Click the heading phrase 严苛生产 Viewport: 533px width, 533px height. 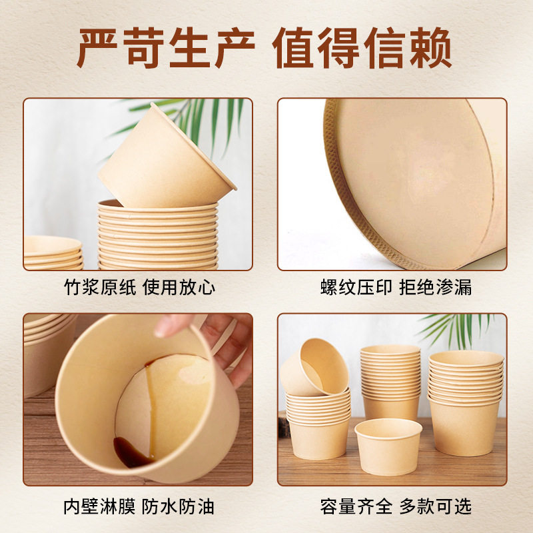click(167, 48)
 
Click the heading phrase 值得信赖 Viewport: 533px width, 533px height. click(363, 48)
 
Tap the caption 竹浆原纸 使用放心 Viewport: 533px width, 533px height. click(138, 288)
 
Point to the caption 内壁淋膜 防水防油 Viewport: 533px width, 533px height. click(138, 506)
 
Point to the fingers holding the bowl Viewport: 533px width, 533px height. click(220, 333)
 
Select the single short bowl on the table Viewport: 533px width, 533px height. click(388, 445)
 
